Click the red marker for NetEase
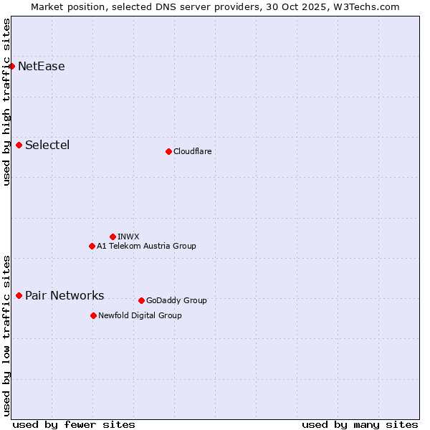(11, 66)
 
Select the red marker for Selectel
(19, 145)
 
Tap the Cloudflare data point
(168, 151)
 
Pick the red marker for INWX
(113, 236)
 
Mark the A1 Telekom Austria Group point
(92, 246)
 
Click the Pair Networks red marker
(19, 295)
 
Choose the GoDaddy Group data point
(141, 300)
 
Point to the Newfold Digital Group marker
(93, 315)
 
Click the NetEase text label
(42, 67)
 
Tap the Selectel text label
(47, 145)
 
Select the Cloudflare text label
(192, 151)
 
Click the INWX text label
(128, 236)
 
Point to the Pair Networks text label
(64, 296)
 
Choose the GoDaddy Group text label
(176, 300)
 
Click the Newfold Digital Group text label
(140, 315)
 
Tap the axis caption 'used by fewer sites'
(74, 424)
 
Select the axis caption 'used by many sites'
(360, 424)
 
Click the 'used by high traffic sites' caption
(6, 102)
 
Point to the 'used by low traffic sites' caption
(6, 335)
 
